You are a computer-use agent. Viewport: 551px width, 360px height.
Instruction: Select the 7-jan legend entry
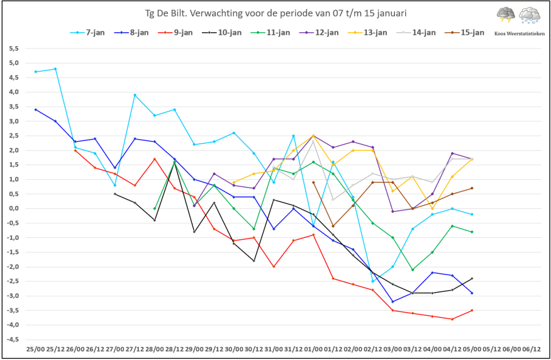[x=88, y=33]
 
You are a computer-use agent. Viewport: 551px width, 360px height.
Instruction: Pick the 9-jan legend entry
[x=175, y=33]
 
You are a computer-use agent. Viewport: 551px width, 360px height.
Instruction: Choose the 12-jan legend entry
[x=319, y=33]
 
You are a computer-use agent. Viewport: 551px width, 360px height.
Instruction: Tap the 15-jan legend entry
[x=464, y=33]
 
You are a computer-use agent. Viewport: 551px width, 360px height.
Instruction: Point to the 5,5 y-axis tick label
[x=13, y=48]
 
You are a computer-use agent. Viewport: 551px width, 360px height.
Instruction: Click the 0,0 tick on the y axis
[x=13, y=208]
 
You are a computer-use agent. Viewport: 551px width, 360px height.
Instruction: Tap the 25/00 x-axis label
[x=36, y=349]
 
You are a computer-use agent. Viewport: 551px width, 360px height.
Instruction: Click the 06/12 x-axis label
[x=531, y=349]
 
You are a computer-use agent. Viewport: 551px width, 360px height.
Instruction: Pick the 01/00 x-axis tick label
[x=313, y=349]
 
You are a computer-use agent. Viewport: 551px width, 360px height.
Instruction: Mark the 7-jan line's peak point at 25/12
[x=55, y=69]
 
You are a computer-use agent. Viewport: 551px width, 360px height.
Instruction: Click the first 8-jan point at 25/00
[x=36, y=110]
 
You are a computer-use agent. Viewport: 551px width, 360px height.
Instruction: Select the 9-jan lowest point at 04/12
[x=452, y=319]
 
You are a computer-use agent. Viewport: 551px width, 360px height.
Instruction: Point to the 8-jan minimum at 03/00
[x=392, y=302]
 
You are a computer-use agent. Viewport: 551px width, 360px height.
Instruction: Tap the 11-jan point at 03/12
[x=413, y=270]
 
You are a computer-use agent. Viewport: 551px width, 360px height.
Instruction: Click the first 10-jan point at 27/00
[x=115, y=194]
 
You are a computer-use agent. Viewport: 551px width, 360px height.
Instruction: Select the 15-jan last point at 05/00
[x=472, y=188]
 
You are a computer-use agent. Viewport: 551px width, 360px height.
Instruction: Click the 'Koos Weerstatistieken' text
[x=519, y=34]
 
